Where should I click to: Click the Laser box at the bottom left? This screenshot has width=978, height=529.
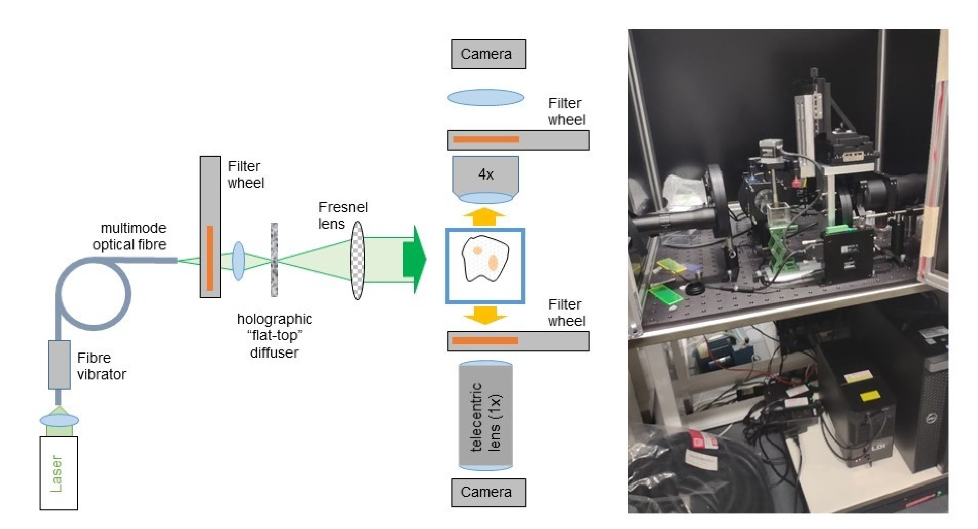tap(59, 473)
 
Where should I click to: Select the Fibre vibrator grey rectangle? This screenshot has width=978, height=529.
tap(59, 365)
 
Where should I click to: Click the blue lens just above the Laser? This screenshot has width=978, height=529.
tap(59, 420)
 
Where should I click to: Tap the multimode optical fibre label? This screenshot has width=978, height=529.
tap(130, 236)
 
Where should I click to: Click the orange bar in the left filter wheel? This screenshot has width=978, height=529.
tap(210, 258)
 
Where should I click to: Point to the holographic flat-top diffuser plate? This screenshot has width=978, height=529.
tap(274, 259)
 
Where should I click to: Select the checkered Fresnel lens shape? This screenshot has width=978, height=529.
tap(357, 260)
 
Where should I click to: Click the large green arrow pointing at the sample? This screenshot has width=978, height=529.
tap(414, 259)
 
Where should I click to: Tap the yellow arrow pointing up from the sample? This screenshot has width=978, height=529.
tap(484, 216)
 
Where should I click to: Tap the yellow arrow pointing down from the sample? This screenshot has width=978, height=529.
tap(484, 315)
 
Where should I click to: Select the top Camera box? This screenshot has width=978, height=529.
tap(488, 54)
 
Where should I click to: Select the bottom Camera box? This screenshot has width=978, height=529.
tap(488, 492)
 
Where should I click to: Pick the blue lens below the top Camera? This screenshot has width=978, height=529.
tap(485, 97)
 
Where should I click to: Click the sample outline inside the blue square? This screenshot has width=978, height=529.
tap(485, 258)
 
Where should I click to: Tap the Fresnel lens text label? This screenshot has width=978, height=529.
tap(342, 215)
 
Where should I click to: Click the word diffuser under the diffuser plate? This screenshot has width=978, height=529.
tap(274, 352)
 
